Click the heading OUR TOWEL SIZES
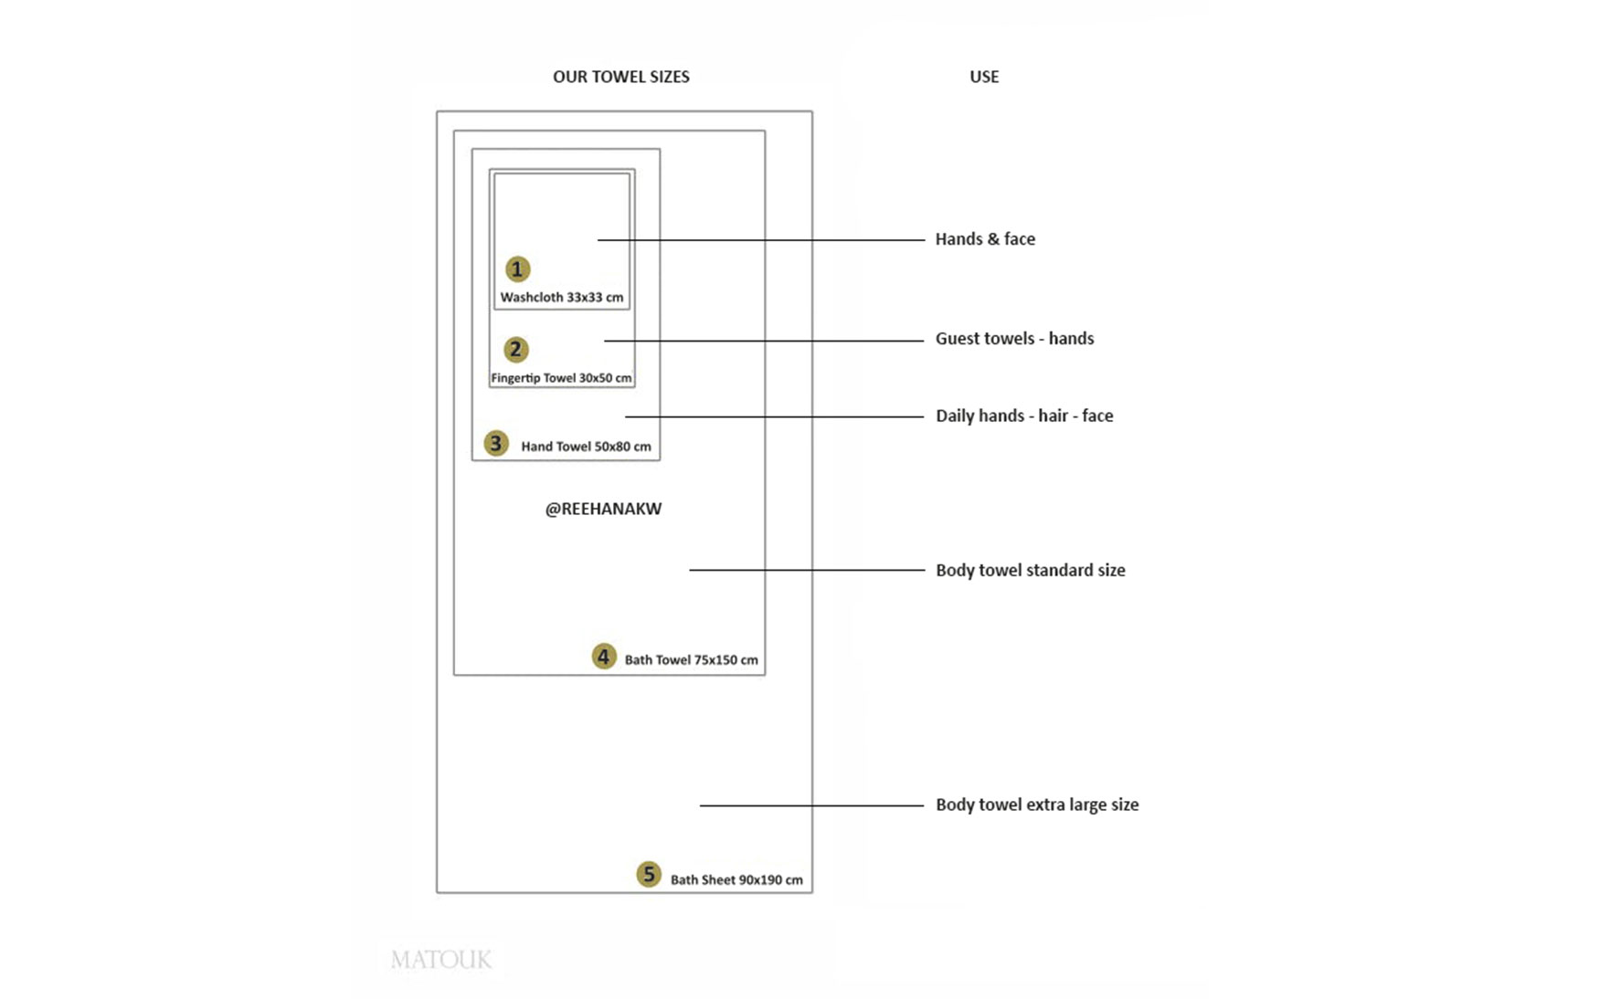tap(620, 77)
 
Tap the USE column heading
tap(983, 77)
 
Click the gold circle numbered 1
tap(517, 269)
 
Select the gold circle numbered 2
tap(515, 350)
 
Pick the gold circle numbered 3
tap(495, 444)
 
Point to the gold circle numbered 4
tap(603, 657)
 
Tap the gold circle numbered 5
tap(648, 874)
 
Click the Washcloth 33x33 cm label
tap(561, 298)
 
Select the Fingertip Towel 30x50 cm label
tap(561, 378)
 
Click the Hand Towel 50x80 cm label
tap(586, 447)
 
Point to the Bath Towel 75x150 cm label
tap(691, 660)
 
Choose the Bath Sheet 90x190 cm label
tap(736, 880)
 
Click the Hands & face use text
tap(985, 239)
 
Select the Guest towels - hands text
tap(1014, 339)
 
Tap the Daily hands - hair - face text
tap(1024, 416)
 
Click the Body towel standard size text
tap(1030, 571)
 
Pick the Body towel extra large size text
tap(1037, 805)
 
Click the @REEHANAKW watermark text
tap(603, 510)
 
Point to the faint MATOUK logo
tap(441, 960)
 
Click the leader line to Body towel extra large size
tap(811, 805)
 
